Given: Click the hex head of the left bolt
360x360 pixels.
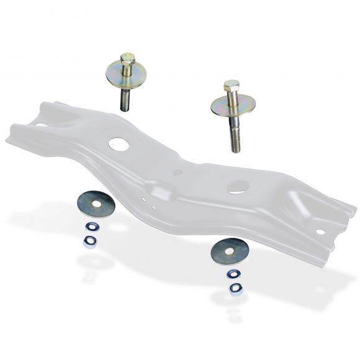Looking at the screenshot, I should (127, 59).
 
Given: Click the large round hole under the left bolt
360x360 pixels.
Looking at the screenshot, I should (118, 144).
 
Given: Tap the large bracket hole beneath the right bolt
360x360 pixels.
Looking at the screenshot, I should (238, 186).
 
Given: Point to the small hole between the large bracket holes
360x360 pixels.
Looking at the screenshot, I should (178, 172).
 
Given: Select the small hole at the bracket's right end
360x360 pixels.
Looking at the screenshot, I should (320, 232).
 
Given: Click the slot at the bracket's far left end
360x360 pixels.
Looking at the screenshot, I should (40, 125).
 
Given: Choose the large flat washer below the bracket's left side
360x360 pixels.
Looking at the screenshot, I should (96, 204).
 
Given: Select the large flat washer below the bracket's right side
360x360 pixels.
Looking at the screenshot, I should (230, 250).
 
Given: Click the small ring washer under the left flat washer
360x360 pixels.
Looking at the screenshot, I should (91, 227).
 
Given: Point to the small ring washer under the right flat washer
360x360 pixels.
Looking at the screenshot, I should (234, 274).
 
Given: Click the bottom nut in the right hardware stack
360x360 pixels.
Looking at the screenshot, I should (235, 288).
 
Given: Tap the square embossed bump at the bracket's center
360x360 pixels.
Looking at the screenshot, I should (163, 191).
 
